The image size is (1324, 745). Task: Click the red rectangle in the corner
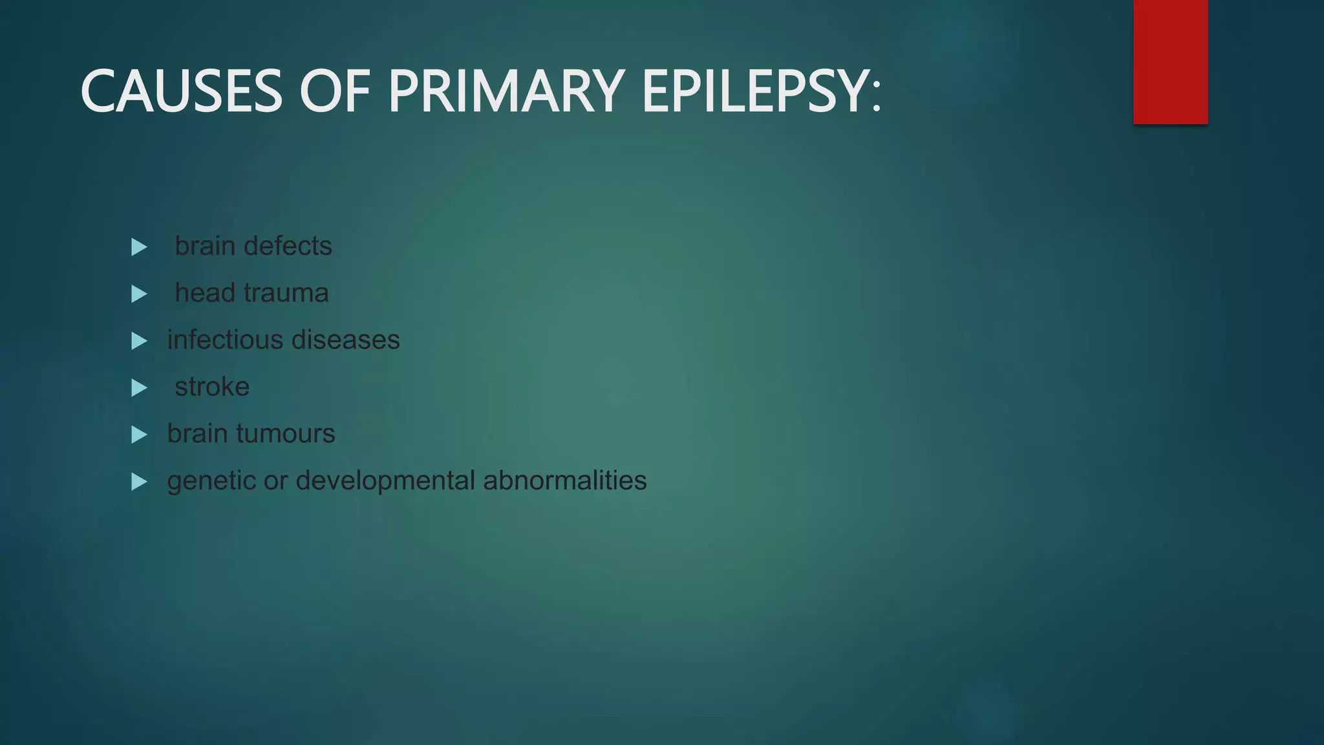click(x=1170, y=61)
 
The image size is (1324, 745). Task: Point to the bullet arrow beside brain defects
click(x=139, y=247)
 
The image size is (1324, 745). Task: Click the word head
click(x=205, y=293)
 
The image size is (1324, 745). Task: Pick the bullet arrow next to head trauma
click(x=139, y=294)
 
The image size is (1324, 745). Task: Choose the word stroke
click(x=212, y=387)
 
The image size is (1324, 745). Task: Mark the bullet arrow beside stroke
click(x=139, y=388)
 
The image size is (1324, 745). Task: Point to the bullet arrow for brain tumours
click(x=139, y=435)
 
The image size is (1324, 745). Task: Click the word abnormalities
click(x=564, y=480)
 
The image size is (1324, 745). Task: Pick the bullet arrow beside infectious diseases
click(x=139, y=341)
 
